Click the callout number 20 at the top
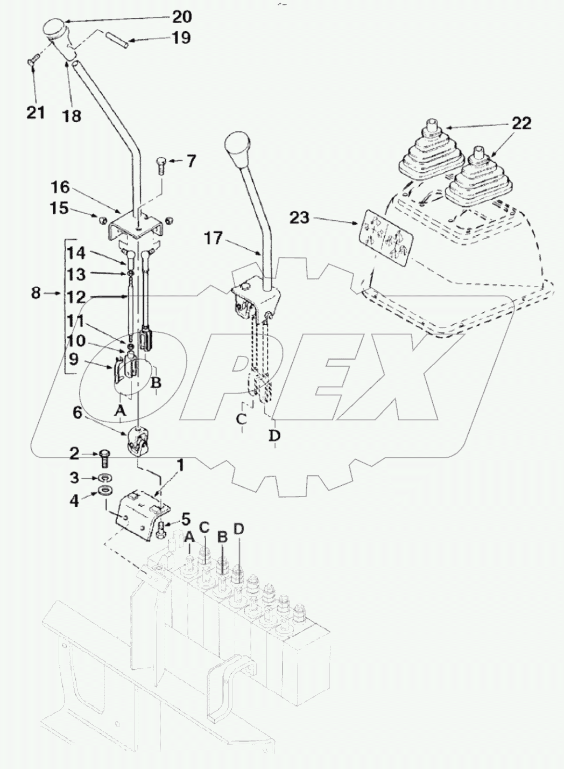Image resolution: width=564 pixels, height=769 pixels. (181, 17)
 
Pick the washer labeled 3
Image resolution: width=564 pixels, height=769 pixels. (103, 478)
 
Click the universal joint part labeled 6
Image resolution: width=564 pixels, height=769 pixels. (139, 441)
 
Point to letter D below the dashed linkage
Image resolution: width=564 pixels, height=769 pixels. (274, 435)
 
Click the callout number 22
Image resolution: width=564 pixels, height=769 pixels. (521, 123)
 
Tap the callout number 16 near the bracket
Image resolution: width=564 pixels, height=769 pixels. (60, 187)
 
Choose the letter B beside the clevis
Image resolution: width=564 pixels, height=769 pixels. (156, 383)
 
